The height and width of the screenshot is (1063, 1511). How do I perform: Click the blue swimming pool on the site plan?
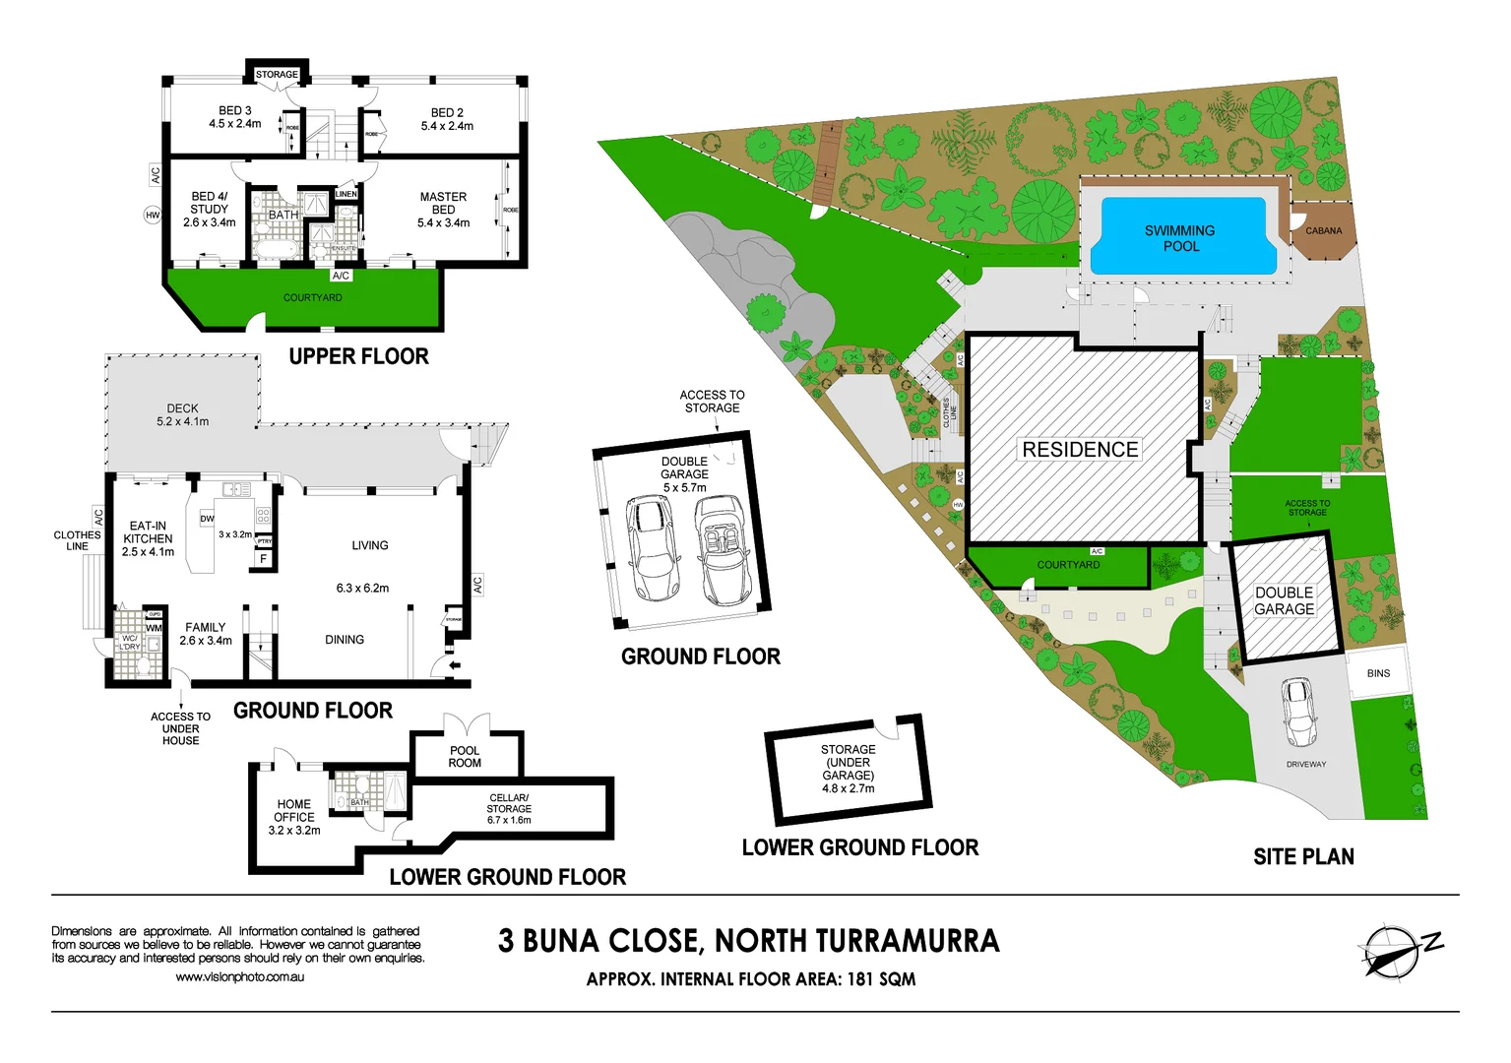coord(1181,236)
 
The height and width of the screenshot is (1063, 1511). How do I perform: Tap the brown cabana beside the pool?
coord(1323,231)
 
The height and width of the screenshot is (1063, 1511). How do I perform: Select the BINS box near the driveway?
coord(1377,673)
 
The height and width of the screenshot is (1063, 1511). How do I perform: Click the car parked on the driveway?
coord(1299,712)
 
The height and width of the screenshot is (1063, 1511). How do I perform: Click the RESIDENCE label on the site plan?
coord(1080,450)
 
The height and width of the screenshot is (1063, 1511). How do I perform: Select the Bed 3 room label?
coord(235,117)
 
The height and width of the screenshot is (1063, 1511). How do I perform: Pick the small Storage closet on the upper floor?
coord(277,74)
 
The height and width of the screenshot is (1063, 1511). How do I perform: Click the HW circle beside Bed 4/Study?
coord(153,215)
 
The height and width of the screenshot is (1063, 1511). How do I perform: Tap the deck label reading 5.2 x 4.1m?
coord(182,421)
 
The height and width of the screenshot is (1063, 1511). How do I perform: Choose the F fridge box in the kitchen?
coord(263,559)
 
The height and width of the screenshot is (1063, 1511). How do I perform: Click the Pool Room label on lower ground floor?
coord(465,756)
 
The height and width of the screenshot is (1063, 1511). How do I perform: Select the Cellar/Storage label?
coord(509,808)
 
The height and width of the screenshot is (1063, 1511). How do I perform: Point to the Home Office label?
coord(294,817)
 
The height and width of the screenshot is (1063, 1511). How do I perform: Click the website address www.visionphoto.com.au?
coord(239,976)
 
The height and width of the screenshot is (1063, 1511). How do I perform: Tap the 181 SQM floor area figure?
coord(881,979)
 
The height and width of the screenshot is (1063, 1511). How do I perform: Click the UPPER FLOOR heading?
coord(358,356)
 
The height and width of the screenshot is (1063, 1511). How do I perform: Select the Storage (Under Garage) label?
coord(849,769)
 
